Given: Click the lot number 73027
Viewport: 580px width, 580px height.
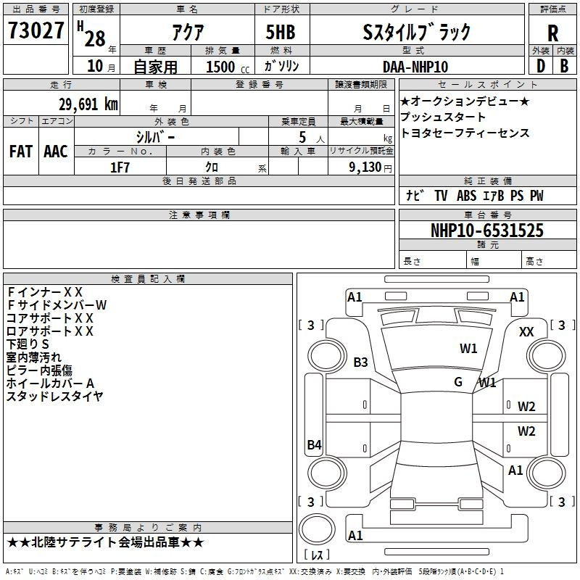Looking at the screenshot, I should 36,30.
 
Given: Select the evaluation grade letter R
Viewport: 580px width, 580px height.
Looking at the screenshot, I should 552,33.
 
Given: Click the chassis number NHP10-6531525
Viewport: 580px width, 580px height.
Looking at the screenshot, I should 486,231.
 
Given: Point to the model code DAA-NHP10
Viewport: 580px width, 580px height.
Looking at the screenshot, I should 415,67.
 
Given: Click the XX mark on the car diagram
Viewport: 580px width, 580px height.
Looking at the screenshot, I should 527,331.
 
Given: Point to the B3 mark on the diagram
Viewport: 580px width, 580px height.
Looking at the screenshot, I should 360,362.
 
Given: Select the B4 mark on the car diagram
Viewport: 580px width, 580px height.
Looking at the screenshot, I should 314,444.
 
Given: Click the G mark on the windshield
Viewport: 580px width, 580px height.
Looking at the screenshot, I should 458,381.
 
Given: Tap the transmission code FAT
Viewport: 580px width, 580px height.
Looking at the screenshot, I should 20,151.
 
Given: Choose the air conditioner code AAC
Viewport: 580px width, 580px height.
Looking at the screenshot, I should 55,151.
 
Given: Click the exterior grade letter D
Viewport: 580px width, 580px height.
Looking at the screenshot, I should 540,67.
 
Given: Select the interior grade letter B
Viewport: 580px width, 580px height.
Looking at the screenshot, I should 565,67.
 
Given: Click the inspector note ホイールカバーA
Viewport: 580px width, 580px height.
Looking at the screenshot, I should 51,383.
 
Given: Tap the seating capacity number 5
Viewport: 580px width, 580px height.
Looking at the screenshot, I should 302,136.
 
